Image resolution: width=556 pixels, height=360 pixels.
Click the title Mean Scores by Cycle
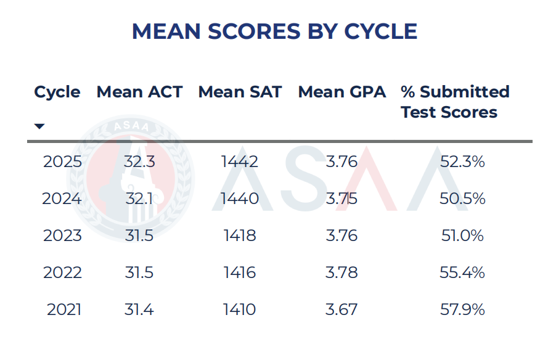pyautogui.click(x=274, y=31)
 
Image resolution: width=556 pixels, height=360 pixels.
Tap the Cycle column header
pyautogui.click(x=57, y=92)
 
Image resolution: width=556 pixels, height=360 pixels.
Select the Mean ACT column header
pyautogui.click(x=139, y=92)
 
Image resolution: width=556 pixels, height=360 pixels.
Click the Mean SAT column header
pyautogui.click(x=240, y=92)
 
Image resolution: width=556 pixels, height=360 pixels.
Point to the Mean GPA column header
pyautogui.click(x=341, y=92)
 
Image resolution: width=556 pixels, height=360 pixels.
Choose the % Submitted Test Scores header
pyautogui.click(x=455, y=102)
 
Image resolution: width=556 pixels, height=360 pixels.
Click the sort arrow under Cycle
pyautogui.click(x=39, y=126)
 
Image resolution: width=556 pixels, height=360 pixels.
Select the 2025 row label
pyautogui.click(x=62, y=162)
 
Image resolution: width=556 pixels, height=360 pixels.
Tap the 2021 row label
pyautogui.click(x=63, y=309)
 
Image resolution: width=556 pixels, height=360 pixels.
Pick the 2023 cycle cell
pyautogui.click(x=62, y=235)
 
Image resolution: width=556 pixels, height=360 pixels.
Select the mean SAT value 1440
pyautogui.click(x=240, y=199)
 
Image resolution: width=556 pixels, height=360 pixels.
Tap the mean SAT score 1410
pyautogui.click(x=240, y=309)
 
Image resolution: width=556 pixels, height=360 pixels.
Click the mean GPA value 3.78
pyautogui.click(x=341, y=272)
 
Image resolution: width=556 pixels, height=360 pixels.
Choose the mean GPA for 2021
pyautogui.click(x=341, y=309)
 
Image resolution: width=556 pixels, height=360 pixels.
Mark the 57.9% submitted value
pyautogui.click(x=462, y=309)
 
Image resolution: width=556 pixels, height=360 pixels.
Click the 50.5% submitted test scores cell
pyautogui.click(x=462, y=199)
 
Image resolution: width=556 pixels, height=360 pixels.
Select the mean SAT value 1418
pyautogui.click(x=240, y=235)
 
